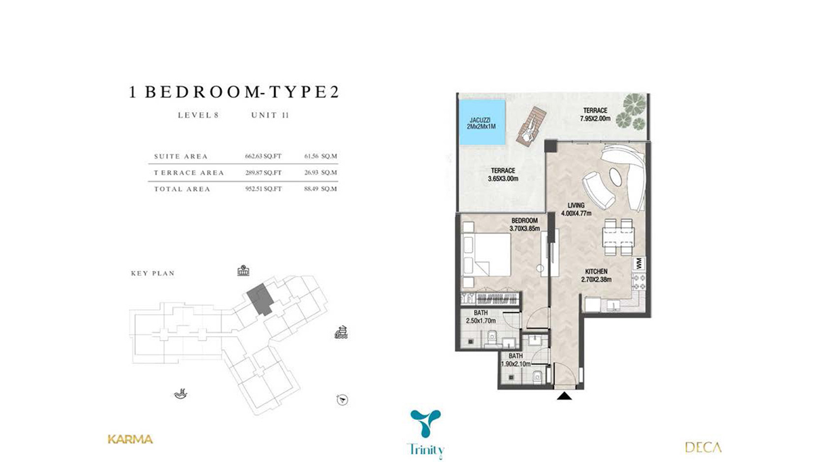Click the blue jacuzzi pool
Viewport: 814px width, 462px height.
[483, 122]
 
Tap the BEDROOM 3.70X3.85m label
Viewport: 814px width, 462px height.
[524, 224]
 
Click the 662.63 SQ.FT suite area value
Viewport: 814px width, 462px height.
[263, 156]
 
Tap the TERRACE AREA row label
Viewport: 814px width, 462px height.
[189, 173]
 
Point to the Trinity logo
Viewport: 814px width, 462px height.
[427, 432]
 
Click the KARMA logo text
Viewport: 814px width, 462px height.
[130, 439]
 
